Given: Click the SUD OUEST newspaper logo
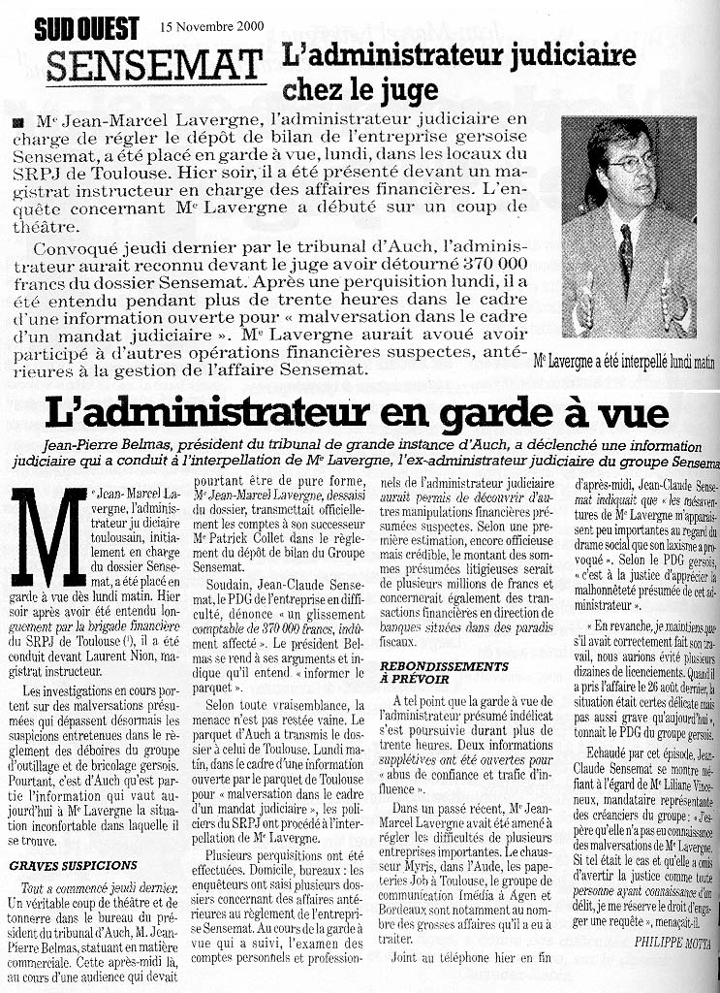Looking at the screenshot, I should coord(86,28).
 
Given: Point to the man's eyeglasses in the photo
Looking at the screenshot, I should coord(631,162).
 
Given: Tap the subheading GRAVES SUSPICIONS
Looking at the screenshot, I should coord(73,865).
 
